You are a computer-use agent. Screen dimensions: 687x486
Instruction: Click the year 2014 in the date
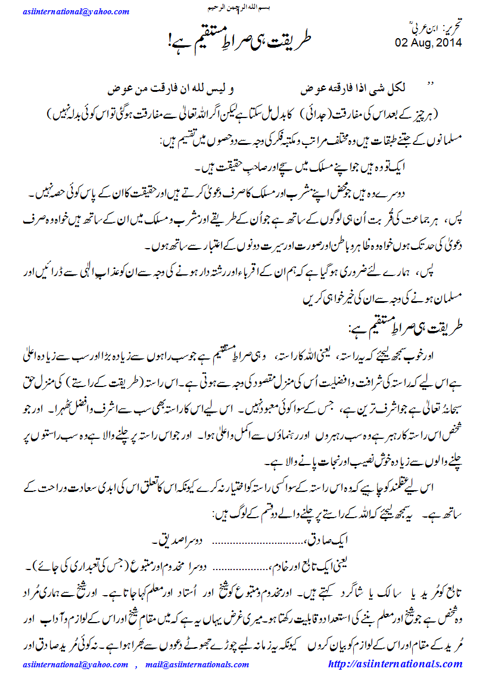click(x=448, y=44)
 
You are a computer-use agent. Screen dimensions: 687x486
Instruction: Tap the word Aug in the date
click(x=420, y=44)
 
